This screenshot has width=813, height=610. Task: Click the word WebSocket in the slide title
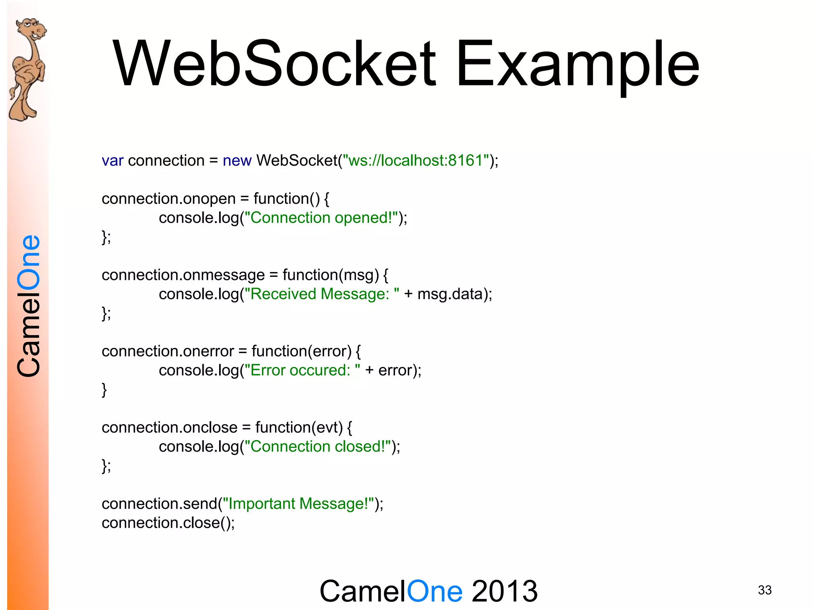(274, 64)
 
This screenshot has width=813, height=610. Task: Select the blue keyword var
(112, 161)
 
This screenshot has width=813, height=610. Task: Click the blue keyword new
(237, 161)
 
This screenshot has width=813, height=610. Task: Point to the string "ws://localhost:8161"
(416, 160)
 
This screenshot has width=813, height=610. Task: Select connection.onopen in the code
(169, 199)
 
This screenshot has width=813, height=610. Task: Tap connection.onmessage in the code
(183, 275)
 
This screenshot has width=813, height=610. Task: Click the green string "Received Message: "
(322, 294)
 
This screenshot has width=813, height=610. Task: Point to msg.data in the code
(449, 294)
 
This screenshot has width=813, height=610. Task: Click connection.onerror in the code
(168, 351)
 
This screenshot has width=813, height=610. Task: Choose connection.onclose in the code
(170, 428)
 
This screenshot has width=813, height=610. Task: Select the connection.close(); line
(168, 523)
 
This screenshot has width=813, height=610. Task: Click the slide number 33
(765, 590)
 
